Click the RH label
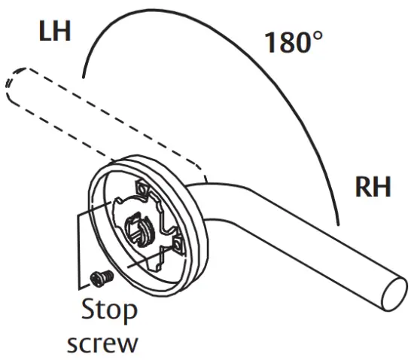point(373,186)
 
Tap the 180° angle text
point(294,42)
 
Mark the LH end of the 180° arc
point(84,76)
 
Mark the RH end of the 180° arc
point(340,224)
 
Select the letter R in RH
point(363,186)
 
